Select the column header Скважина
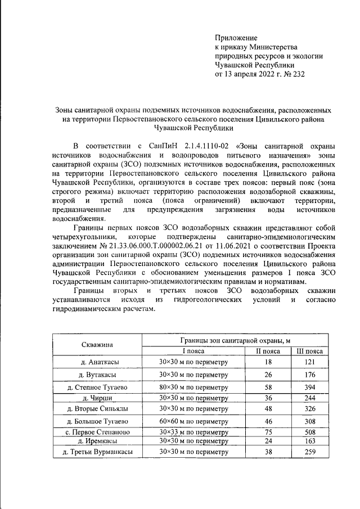click(96, 344)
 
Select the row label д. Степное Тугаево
click(96, 388)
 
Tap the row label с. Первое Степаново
click(96, 433)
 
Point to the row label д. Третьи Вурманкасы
click(96, 452)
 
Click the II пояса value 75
click(268, 432)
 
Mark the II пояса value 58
click(268, 387)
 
